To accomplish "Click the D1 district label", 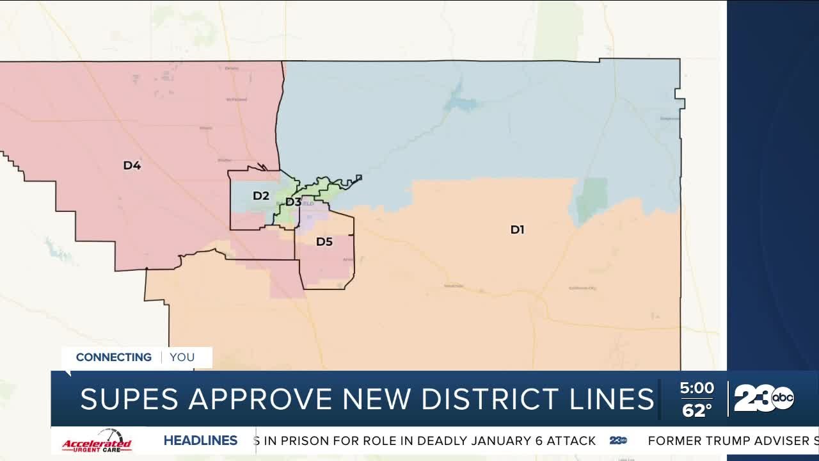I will click(x=517, y=229).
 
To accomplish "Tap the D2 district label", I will click(x=260, y=196).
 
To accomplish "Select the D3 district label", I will click(x=293, y=202).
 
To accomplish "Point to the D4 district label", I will click(x=132, y=166).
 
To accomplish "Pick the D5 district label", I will click(x=324, y=242).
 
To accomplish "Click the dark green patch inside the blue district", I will click(x=592, y=199).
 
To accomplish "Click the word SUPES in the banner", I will click(x=130, y=400).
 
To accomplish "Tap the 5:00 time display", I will click(x=696, y=388).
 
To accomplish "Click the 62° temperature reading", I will click(x=696, y=410).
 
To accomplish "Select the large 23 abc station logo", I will click(x=763, y=399).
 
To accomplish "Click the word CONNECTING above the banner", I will click(x=114, y=357).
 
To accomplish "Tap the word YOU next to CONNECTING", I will click(x=182, y=357).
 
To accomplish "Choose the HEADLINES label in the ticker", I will click(x=200, y=441).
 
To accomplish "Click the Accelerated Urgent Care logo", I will click(x=97, y=442).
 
